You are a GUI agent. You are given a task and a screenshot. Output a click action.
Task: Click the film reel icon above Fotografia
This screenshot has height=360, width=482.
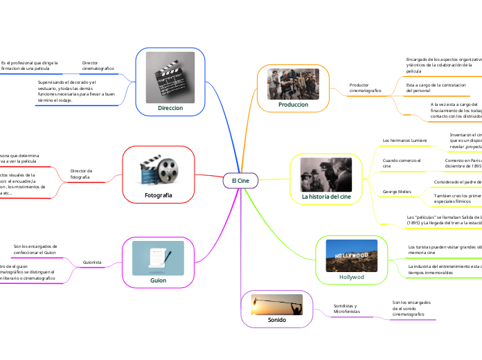(x=159, y=170)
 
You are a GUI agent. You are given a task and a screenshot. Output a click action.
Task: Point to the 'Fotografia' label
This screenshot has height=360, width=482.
(x=158, y=196)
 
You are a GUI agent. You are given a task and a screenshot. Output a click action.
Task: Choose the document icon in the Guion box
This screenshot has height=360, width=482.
(x=158, y=258)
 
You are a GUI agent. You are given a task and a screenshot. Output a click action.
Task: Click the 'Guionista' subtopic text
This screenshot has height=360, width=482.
(x=92, y=262)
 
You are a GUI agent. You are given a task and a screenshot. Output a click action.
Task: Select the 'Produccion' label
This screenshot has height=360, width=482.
(x=293, y=104)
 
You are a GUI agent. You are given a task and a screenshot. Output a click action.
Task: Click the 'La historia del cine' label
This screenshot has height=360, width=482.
(x=326, y=197)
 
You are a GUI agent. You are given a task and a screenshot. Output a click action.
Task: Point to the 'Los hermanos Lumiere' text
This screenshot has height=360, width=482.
(x=405, y=141)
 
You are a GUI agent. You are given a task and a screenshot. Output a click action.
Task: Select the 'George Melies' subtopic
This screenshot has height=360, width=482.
(x=397, y=190)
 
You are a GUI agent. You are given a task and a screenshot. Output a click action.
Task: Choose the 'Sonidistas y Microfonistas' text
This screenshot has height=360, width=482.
(x=347, y=309)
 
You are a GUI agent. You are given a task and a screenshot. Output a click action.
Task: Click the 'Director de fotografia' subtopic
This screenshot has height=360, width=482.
(x=81, y=174)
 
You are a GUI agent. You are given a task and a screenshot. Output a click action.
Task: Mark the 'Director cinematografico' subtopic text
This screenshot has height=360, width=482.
(x=98, y=65)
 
